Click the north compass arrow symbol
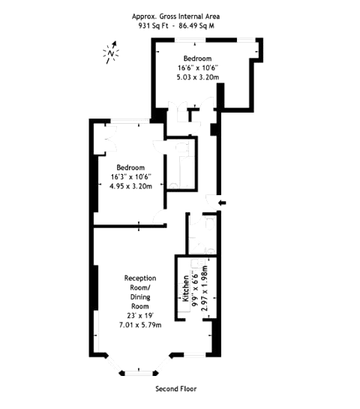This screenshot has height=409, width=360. (x=111, y=53)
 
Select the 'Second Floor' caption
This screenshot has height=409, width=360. (x=175, y=389)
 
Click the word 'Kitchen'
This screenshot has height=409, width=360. (x=184, y=287)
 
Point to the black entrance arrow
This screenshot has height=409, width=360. (x=220, y=202)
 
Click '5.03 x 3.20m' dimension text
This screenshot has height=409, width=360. (x=198, y=77)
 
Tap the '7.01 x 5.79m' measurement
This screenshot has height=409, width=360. (x=140, y=324)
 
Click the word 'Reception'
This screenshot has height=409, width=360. (x=140, y=278)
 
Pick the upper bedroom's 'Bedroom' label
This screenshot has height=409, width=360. (x=198, y=59)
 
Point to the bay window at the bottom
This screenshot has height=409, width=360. (x=136, y=369)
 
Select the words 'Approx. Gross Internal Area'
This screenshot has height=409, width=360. (x=176, y=16)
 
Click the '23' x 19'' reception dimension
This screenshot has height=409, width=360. (x=140, y=315)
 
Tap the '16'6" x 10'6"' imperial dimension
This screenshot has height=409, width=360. (x=198, y=68)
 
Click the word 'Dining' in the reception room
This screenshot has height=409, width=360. (x=140, y=296)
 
